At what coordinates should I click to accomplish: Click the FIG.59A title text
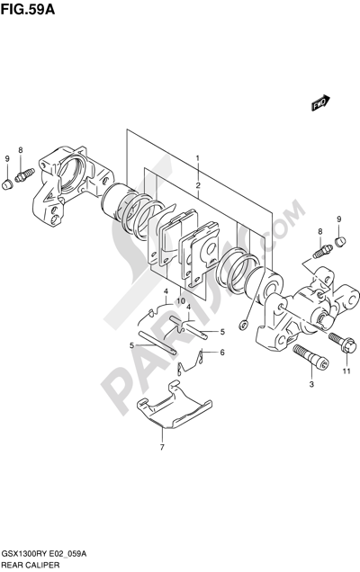point(28,10)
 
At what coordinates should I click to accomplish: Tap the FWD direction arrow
point(320,103)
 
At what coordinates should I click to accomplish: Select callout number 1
point(197,158)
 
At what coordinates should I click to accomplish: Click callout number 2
point(198,185)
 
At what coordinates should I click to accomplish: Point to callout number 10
point(181,301)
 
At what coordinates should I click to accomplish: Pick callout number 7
point(163,447)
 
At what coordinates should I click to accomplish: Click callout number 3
point(311,384)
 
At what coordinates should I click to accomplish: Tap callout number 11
point(346,371)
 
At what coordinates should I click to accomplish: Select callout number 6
point(222,353)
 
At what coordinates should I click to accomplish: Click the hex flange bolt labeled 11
point(343,342)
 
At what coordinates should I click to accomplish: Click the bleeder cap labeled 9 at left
point(7,184)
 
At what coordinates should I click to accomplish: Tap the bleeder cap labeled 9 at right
point(340,242)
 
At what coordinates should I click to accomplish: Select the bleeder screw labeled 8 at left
point(24,174)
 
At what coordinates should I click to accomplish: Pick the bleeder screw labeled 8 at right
point(322,251)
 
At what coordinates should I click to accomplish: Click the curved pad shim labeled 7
point(174,405)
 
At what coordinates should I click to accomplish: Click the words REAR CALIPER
point(31,566)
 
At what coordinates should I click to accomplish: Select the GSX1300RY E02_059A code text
point(44,555)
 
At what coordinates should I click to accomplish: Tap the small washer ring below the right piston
point(243,324)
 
